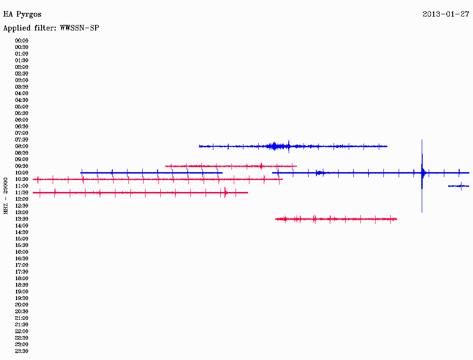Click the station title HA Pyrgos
point(22,14)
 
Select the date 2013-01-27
point(446,14)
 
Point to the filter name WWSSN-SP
point(79,28)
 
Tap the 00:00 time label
point(22,41)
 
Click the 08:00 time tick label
point(22,146)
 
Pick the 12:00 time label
point(22,199)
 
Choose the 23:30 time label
point(22,351)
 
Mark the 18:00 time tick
point(22,278)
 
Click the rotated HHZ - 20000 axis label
point(6,196)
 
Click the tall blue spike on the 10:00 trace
point(422,176)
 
